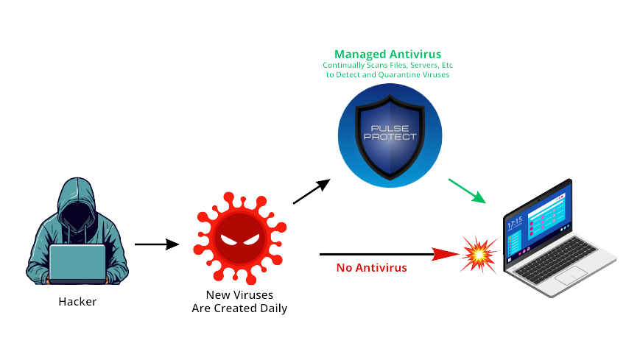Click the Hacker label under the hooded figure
pos(77,301)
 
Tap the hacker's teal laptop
pos(77,263)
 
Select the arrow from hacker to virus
pos(157,244)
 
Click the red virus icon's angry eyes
pos(238,241)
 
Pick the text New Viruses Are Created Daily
pos(239,302)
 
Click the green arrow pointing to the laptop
pos(467,190)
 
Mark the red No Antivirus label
pos(371,267)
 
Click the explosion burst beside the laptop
pos(476,254)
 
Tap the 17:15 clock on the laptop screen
pos(514,221)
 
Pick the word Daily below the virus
pos(271,308)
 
